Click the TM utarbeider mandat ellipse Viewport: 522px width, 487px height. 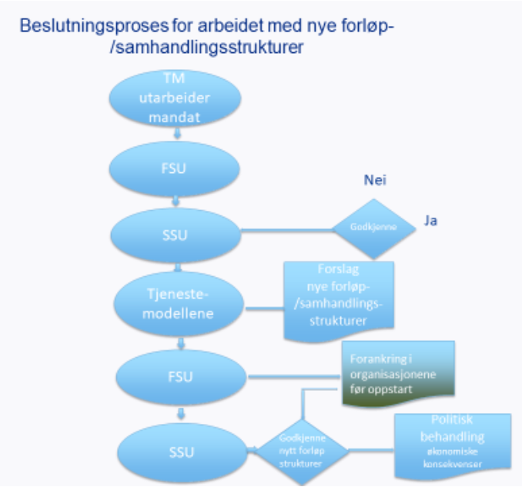click(176, 99)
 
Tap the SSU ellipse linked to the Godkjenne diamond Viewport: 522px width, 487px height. click(176, 230)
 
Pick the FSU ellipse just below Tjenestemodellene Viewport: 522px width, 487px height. click(179, 377)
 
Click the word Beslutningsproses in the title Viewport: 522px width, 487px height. click(80, 26)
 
